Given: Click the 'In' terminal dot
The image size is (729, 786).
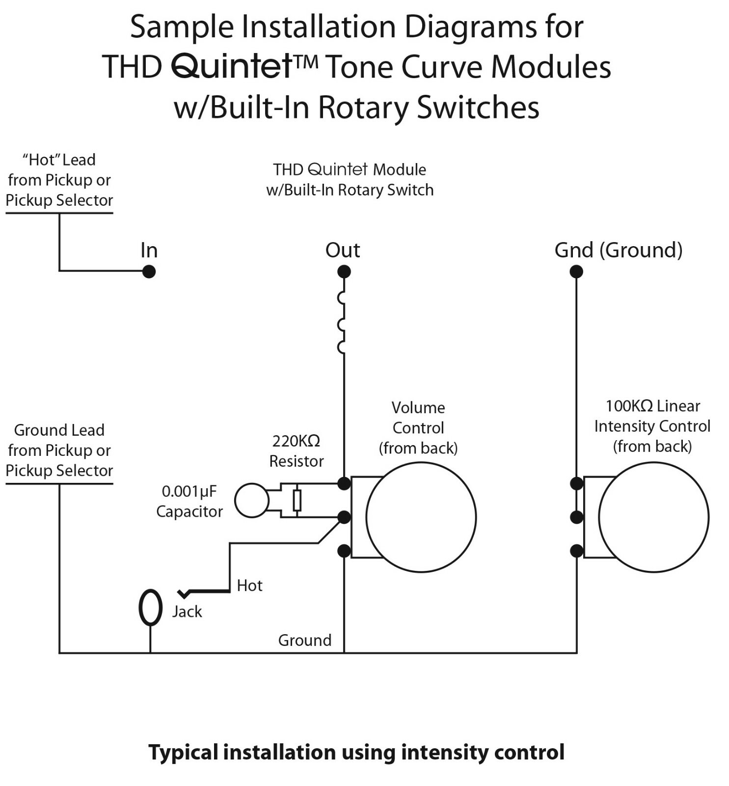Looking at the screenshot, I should point(149,271).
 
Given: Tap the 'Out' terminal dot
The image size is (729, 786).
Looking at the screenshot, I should point(344,271).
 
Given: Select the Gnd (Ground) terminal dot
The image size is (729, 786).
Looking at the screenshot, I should point(576,271).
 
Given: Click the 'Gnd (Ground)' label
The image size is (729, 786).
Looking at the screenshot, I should point(618,250).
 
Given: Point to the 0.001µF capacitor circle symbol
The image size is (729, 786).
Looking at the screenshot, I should point(252,501).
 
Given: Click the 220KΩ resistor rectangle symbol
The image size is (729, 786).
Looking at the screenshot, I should point(297,501).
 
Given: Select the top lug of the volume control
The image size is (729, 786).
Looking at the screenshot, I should point(344,483).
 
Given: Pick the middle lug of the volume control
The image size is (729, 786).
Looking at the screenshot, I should point(344,517).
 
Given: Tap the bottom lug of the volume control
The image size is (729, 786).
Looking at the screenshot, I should point(344,551).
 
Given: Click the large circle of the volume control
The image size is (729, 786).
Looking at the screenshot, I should point(421,517).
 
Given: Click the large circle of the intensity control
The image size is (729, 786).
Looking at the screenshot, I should point(653,517).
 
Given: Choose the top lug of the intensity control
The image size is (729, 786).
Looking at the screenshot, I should point(576,483).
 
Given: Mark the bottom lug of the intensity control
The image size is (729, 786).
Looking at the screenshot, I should point(576,551).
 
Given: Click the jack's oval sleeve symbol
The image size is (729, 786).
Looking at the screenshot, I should point(150,607).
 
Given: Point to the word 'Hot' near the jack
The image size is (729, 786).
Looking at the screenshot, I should point(249,586).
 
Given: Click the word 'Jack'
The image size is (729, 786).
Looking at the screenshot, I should point(187,612).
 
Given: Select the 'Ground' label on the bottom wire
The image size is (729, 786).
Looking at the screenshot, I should point(304,640).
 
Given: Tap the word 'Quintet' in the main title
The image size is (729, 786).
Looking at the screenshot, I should point(232,67).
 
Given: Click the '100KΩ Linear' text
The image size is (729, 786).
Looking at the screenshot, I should point(652,406).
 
